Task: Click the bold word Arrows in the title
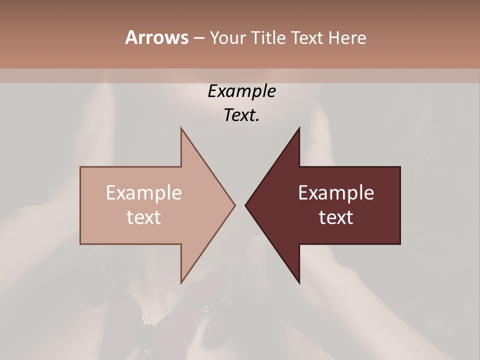pos(156,37)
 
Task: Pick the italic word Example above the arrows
pos(241,91)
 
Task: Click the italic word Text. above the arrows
pos(241,115)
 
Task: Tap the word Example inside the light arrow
pos(144,193)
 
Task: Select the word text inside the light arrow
pos(144,217)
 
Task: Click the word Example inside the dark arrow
pos(336,193)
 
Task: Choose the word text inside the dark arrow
pos(336,217)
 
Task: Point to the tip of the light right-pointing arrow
pos(235,205)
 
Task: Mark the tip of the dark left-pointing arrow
pos(245,205)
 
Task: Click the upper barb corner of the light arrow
pos(181,128)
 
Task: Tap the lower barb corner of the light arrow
pos(181,283)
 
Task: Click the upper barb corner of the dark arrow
pos(299,128)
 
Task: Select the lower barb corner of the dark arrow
pos(299,283)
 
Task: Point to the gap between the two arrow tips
pos(240,205)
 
